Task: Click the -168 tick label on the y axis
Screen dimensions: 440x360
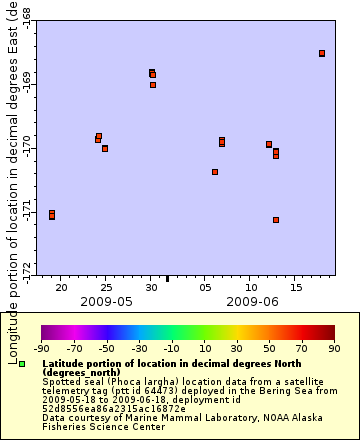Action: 26,17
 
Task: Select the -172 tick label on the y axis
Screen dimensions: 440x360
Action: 26,267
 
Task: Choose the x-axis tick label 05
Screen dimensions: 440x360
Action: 205,287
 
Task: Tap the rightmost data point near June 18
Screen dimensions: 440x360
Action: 322,53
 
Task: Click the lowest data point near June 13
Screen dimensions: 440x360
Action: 276,220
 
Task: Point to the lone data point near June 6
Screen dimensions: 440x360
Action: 215,172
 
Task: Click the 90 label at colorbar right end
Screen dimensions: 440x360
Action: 335,349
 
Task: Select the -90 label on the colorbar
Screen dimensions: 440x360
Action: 41,349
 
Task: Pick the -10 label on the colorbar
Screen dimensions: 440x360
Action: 172,349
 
